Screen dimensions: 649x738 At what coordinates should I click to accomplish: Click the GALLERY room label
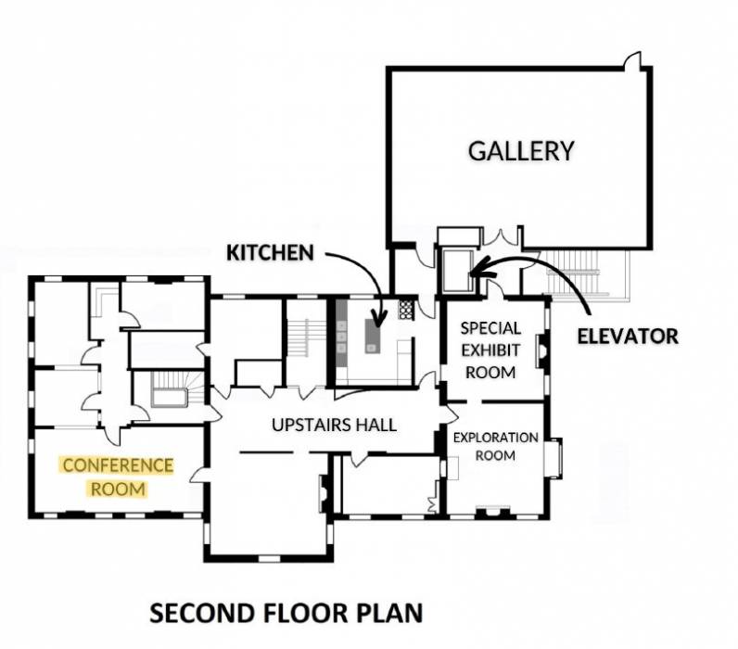coord(521,151)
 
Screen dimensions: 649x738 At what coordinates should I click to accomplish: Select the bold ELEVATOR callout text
coord(627,336)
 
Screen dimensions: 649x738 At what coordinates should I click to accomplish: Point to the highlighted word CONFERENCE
coord(118,465)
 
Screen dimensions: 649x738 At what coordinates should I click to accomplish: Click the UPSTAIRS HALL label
coord(335,425)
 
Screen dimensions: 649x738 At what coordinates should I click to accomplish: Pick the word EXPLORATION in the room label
coord(495,437)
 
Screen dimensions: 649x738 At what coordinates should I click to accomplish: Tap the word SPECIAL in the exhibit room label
coord(490,328)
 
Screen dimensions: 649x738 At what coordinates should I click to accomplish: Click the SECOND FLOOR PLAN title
coord(286,613)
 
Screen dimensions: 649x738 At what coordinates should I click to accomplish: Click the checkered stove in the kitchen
coord(405,310)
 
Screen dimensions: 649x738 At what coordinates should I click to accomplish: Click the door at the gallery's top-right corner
coord(633,63)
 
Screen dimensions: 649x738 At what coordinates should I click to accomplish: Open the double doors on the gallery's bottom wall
coord(502,238)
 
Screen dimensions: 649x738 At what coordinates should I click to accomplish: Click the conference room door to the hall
coord(197,477)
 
